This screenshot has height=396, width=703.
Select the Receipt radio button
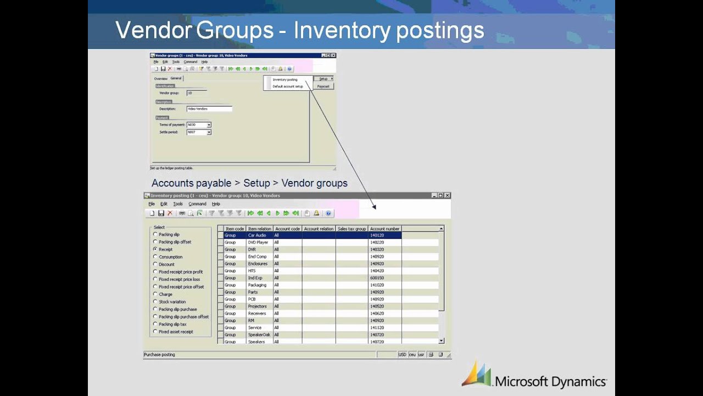pos(155,249)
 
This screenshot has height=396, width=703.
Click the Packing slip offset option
pos(155,242)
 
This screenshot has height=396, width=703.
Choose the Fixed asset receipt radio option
pos(155,332)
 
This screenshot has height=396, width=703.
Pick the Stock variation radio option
pos(155,302)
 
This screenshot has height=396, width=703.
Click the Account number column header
pos(384,229)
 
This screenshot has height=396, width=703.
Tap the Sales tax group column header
pos(351,229)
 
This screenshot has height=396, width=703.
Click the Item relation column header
pos(259,229)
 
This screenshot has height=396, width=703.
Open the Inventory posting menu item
pos(285,80)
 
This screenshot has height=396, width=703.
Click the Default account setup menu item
pos(288,86)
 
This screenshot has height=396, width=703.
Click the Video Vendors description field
pos(209,109)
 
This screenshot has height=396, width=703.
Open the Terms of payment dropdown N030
pos(209,125)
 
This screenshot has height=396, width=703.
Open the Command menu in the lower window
pos(197,204)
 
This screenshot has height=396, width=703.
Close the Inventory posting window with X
pos(447,195)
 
